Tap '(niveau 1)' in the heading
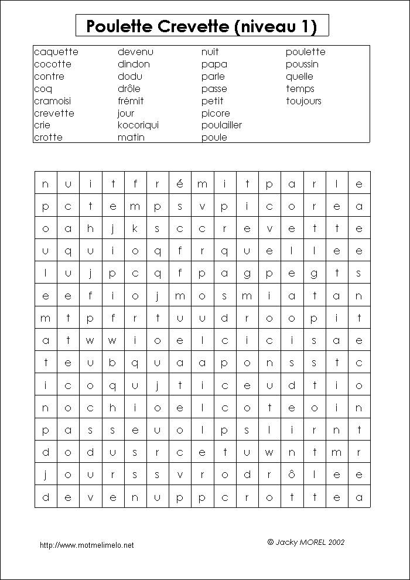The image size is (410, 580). coord(275,26)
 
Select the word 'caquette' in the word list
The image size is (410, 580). coord(56,52)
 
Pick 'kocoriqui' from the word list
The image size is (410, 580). coord(138,125)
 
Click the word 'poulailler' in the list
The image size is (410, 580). coord(221,125)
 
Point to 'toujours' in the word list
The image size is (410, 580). coord(303,101)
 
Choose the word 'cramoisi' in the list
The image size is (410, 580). coord(52,101)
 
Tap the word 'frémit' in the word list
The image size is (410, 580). coord(131,101)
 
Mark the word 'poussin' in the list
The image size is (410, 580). coord(302,64)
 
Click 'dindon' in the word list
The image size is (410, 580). coord(134,64)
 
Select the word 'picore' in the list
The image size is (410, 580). coord(216,113)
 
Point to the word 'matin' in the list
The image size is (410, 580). coord(131,137)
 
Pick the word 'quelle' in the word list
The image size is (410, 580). coord(299,76)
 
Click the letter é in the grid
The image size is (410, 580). coord(180,183)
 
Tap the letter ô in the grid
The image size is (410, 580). coord(292,475)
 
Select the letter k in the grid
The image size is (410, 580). coord(135,228)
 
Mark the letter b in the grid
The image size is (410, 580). coord(112,363)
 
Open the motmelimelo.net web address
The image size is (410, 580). coord(87,545)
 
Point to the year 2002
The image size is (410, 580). coord(337,543)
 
